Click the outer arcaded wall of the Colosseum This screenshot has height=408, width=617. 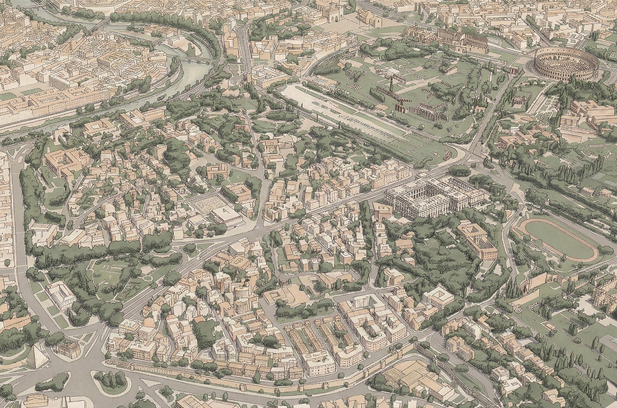tap(566, 72)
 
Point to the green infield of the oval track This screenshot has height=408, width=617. tap(558, 239)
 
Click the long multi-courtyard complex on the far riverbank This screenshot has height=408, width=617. tap(55, 103)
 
